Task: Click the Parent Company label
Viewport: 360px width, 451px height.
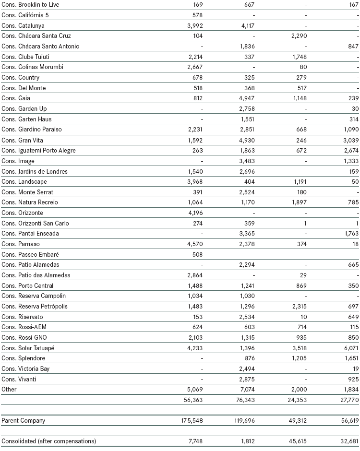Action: click(x=23, y=421)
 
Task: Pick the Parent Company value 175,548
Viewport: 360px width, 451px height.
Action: click(x=191, y=421)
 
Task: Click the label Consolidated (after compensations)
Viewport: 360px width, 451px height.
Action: click(x=49, y=441)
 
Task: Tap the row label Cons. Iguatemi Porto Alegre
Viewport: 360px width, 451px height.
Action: click(x=38, y=151)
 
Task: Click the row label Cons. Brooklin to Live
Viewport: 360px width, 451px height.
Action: click(x=30, y=5)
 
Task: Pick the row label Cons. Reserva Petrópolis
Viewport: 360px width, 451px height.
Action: click(x=34, y=307)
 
